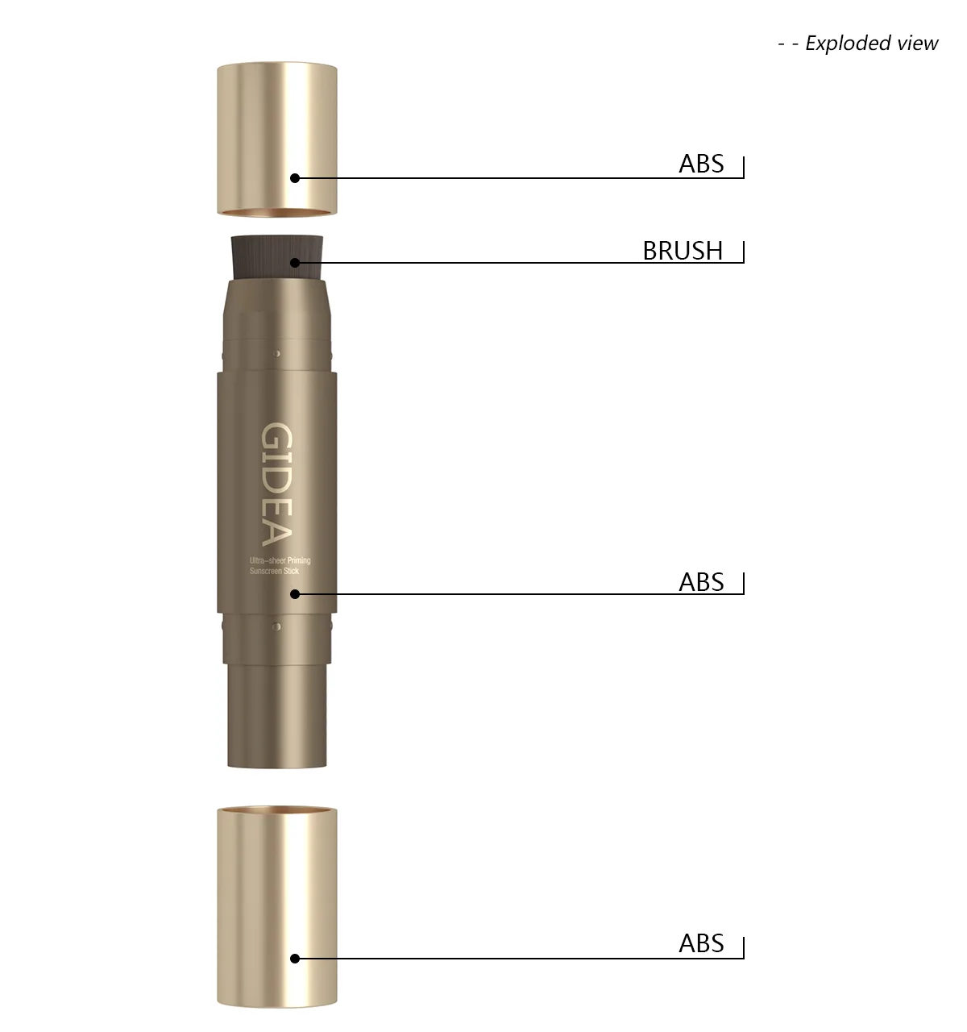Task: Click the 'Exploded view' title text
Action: (871, 43)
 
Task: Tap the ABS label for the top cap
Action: (701, 164)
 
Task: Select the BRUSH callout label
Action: (683, 251)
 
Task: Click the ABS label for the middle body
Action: (701, 582)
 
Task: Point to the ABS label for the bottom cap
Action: (701, 943)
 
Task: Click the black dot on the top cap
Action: (295, 178)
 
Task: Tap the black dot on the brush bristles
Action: (295, 263)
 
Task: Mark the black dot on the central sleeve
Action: (295, 594)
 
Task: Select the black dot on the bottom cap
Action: (295, 959)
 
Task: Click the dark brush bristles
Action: (276, 257)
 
